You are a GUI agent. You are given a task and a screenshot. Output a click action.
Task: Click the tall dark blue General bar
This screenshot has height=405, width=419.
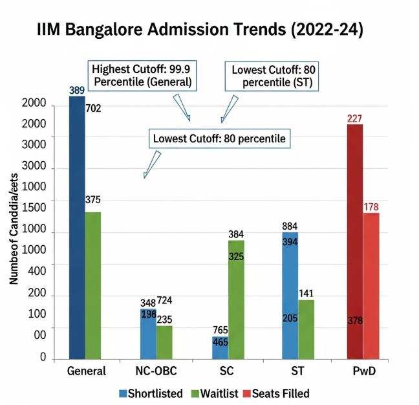(x=77, y=226)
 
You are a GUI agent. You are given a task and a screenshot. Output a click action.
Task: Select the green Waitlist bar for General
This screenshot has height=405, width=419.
(x=93, y=285)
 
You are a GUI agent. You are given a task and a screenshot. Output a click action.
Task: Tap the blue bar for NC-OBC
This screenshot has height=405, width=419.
(x=148, y=333)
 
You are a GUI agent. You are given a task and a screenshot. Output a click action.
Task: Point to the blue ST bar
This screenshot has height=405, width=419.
(x=290, y=295)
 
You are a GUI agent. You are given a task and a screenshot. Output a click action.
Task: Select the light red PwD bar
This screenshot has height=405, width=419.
(x=371, y=285)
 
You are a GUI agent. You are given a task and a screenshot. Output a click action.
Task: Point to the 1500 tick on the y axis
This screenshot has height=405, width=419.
(x=34, y=206)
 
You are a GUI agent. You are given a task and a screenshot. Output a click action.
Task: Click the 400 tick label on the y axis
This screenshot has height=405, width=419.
(x=36, y=265)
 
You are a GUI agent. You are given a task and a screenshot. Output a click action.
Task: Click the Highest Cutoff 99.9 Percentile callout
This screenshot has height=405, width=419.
(x=142, y=75)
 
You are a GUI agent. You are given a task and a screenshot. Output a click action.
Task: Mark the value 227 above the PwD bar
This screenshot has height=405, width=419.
(x=354, y=118)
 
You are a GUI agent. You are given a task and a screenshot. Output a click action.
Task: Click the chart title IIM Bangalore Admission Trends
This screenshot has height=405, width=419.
(x=200, y=30)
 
